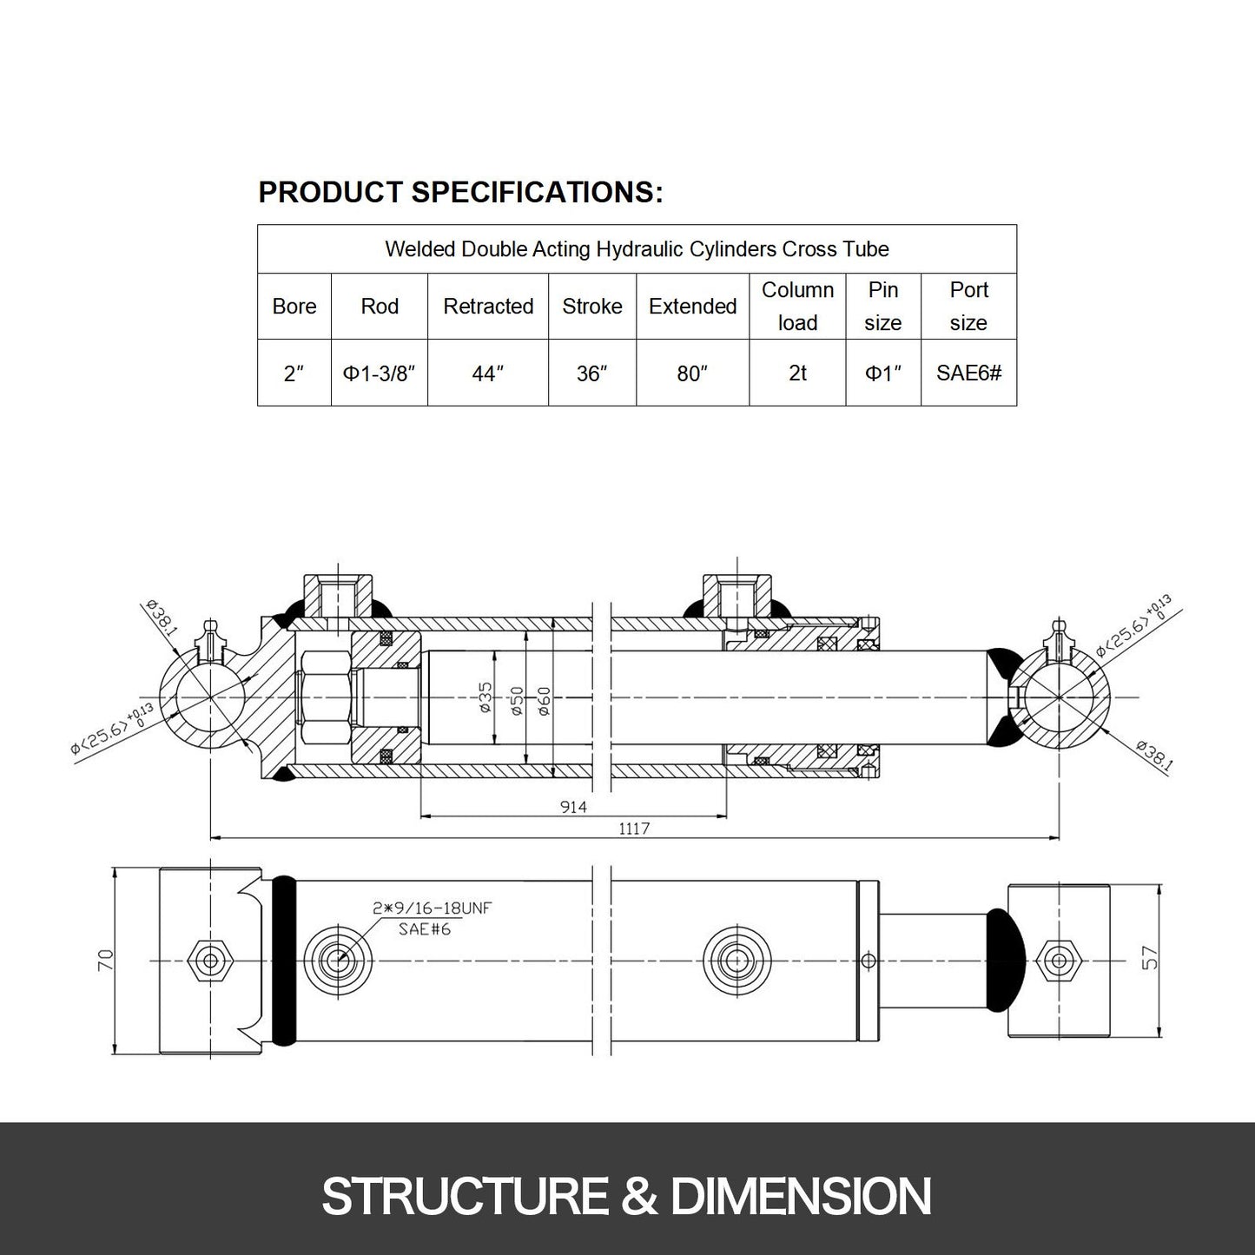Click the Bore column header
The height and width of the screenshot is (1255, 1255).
pos(294,307)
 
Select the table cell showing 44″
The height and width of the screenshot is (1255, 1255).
pos(487,373)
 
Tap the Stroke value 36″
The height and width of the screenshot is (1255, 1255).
pos(591,373)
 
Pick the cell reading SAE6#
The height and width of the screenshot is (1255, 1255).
pos(968,373)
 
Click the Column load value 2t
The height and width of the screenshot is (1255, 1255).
pos(797,373)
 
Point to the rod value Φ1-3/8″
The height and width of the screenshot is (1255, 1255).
pos(379,373)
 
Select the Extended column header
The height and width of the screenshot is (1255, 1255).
pos(692,307)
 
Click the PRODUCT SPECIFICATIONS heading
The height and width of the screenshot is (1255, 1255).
pos(460,192)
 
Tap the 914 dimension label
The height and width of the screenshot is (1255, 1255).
pos(573,807)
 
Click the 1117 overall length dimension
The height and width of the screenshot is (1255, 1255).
pos(634,829)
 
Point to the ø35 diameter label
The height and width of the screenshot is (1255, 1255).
pos(485,698)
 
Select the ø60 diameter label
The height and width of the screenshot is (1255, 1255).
pos(544,701)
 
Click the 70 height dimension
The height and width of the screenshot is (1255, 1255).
pos(106,960)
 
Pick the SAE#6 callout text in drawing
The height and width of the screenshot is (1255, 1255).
pos(424,929)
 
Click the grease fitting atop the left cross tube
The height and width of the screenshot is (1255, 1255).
pos(208,637)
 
